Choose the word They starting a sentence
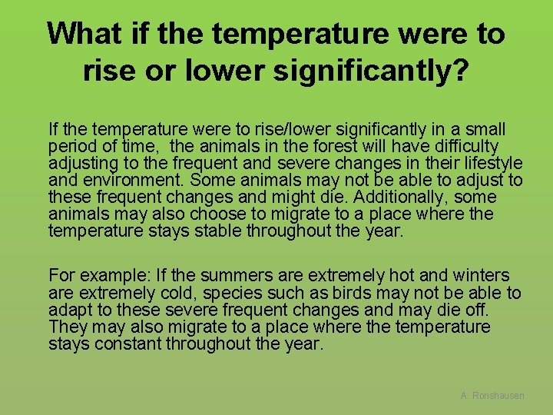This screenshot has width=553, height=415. [67, 327]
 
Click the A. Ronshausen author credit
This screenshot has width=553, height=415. [492, 395]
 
